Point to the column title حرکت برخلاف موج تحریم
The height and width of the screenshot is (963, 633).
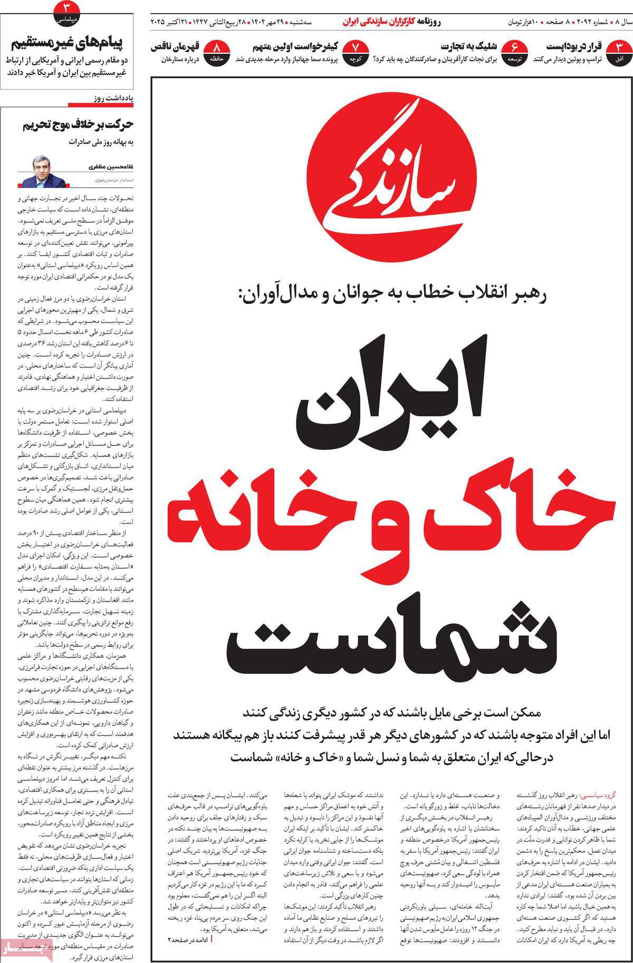pos(79,126)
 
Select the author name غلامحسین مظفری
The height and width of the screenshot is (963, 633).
pos(111,167)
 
